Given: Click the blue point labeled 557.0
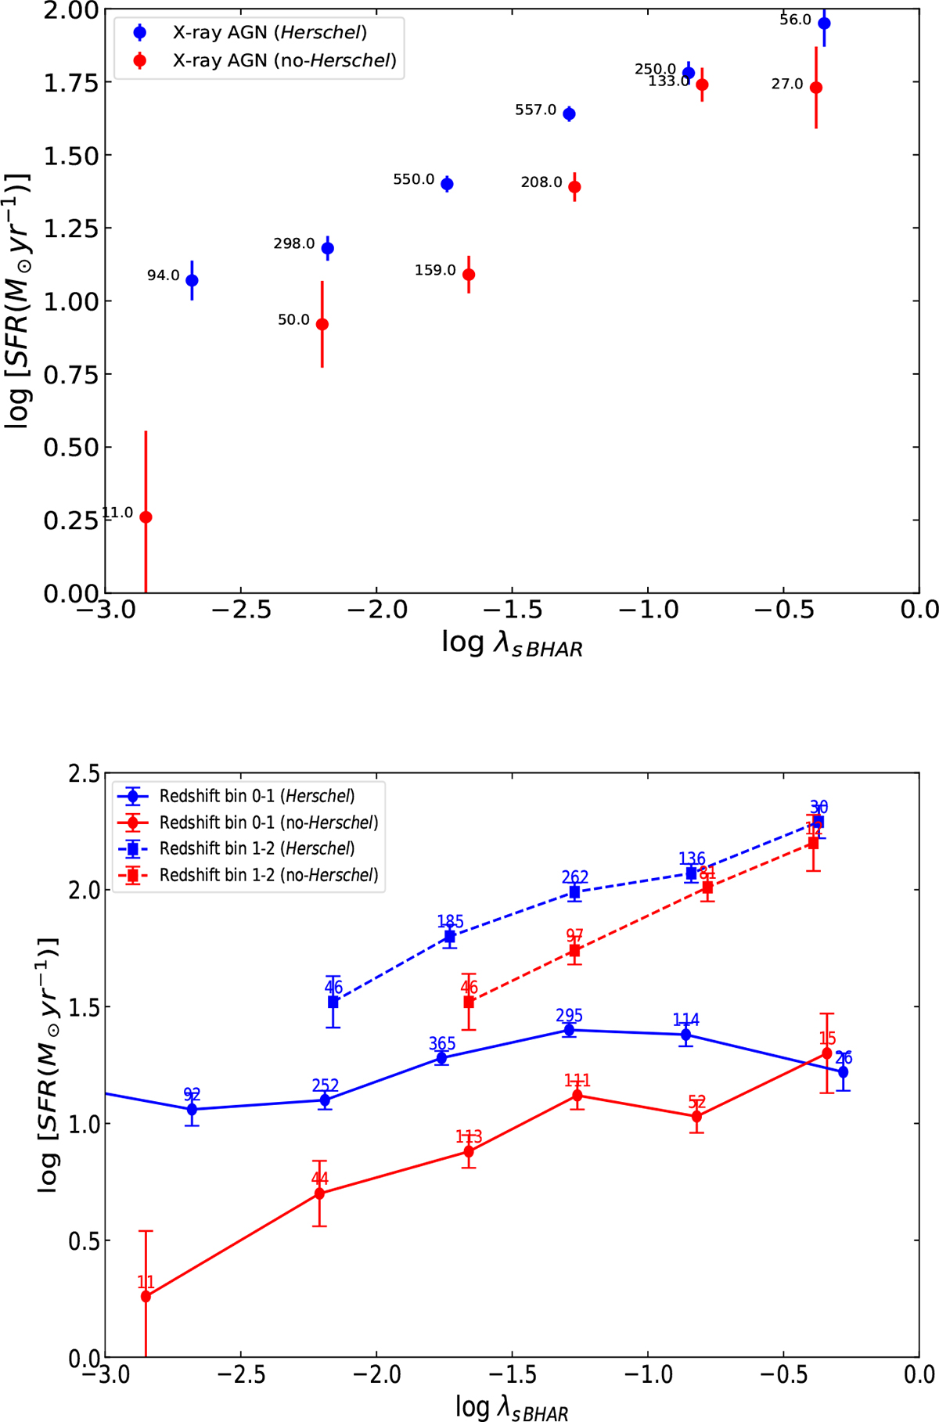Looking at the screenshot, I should (570, 114).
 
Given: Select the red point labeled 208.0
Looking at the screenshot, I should (574, 187).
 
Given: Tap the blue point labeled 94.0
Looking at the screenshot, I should (192, 280).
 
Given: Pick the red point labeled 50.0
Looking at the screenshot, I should (322, 324).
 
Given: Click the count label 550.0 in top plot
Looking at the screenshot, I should (413, 179).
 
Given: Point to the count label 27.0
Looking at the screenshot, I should (787, 84).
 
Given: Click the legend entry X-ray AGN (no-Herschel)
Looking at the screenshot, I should (284, 60).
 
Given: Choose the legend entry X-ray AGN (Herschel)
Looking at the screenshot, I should (270, 32).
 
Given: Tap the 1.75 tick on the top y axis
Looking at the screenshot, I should (72, 83).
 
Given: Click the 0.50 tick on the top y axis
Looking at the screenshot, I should (72, 448).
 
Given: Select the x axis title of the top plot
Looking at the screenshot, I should (512, 644).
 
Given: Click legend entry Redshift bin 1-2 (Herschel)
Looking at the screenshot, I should (257, 848).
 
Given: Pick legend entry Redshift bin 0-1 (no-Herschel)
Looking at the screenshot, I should (268, 823).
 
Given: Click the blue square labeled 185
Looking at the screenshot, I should (450, 937).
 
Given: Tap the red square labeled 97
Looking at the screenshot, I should (574, 951).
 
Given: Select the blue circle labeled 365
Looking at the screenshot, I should (441, 1058).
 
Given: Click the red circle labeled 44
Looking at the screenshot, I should (319, 1193).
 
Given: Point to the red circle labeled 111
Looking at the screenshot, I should (577, 1096).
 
